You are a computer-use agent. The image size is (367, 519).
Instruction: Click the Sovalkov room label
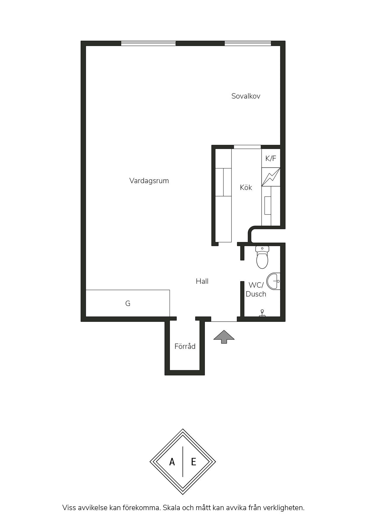(x=246, y=96)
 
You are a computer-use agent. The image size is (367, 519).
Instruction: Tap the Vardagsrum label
(x=149, y=181)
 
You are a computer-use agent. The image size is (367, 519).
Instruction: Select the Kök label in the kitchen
(x=246, y=187)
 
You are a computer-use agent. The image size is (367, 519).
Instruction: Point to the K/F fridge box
(x=271, y=158)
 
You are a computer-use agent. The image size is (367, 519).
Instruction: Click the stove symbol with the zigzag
(x=271, y=177)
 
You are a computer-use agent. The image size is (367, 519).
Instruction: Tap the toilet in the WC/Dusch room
(x=262, y=257)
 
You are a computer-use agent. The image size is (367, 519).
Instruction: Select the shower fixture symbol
(x=262, y=313)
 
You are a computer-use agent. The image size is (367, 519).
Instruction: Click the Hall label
(x=202, y=281)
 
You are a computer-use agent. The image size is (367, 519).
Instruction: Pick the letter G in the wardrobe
(x=128, y=303)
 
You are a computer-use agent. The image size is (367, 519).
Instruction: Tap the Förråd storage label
(x=185, y=346)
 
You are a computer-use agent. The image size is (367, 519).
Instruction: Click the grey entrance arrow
(x=224, y=337)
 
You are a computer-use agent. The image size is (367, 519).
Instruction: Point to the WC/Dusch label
(x=256, y=289)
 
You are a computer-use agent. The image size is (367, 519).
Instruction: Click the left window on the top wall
(x=148, y=43)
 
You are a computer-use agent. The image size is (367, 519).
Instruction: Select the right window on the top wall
(x=248, y=43)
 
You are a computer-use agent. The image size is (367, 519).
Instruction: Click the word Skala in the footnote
(x=172, y=508)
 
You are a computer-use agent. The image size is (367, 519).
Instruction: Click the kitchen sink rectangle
(x=268, y=205)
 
